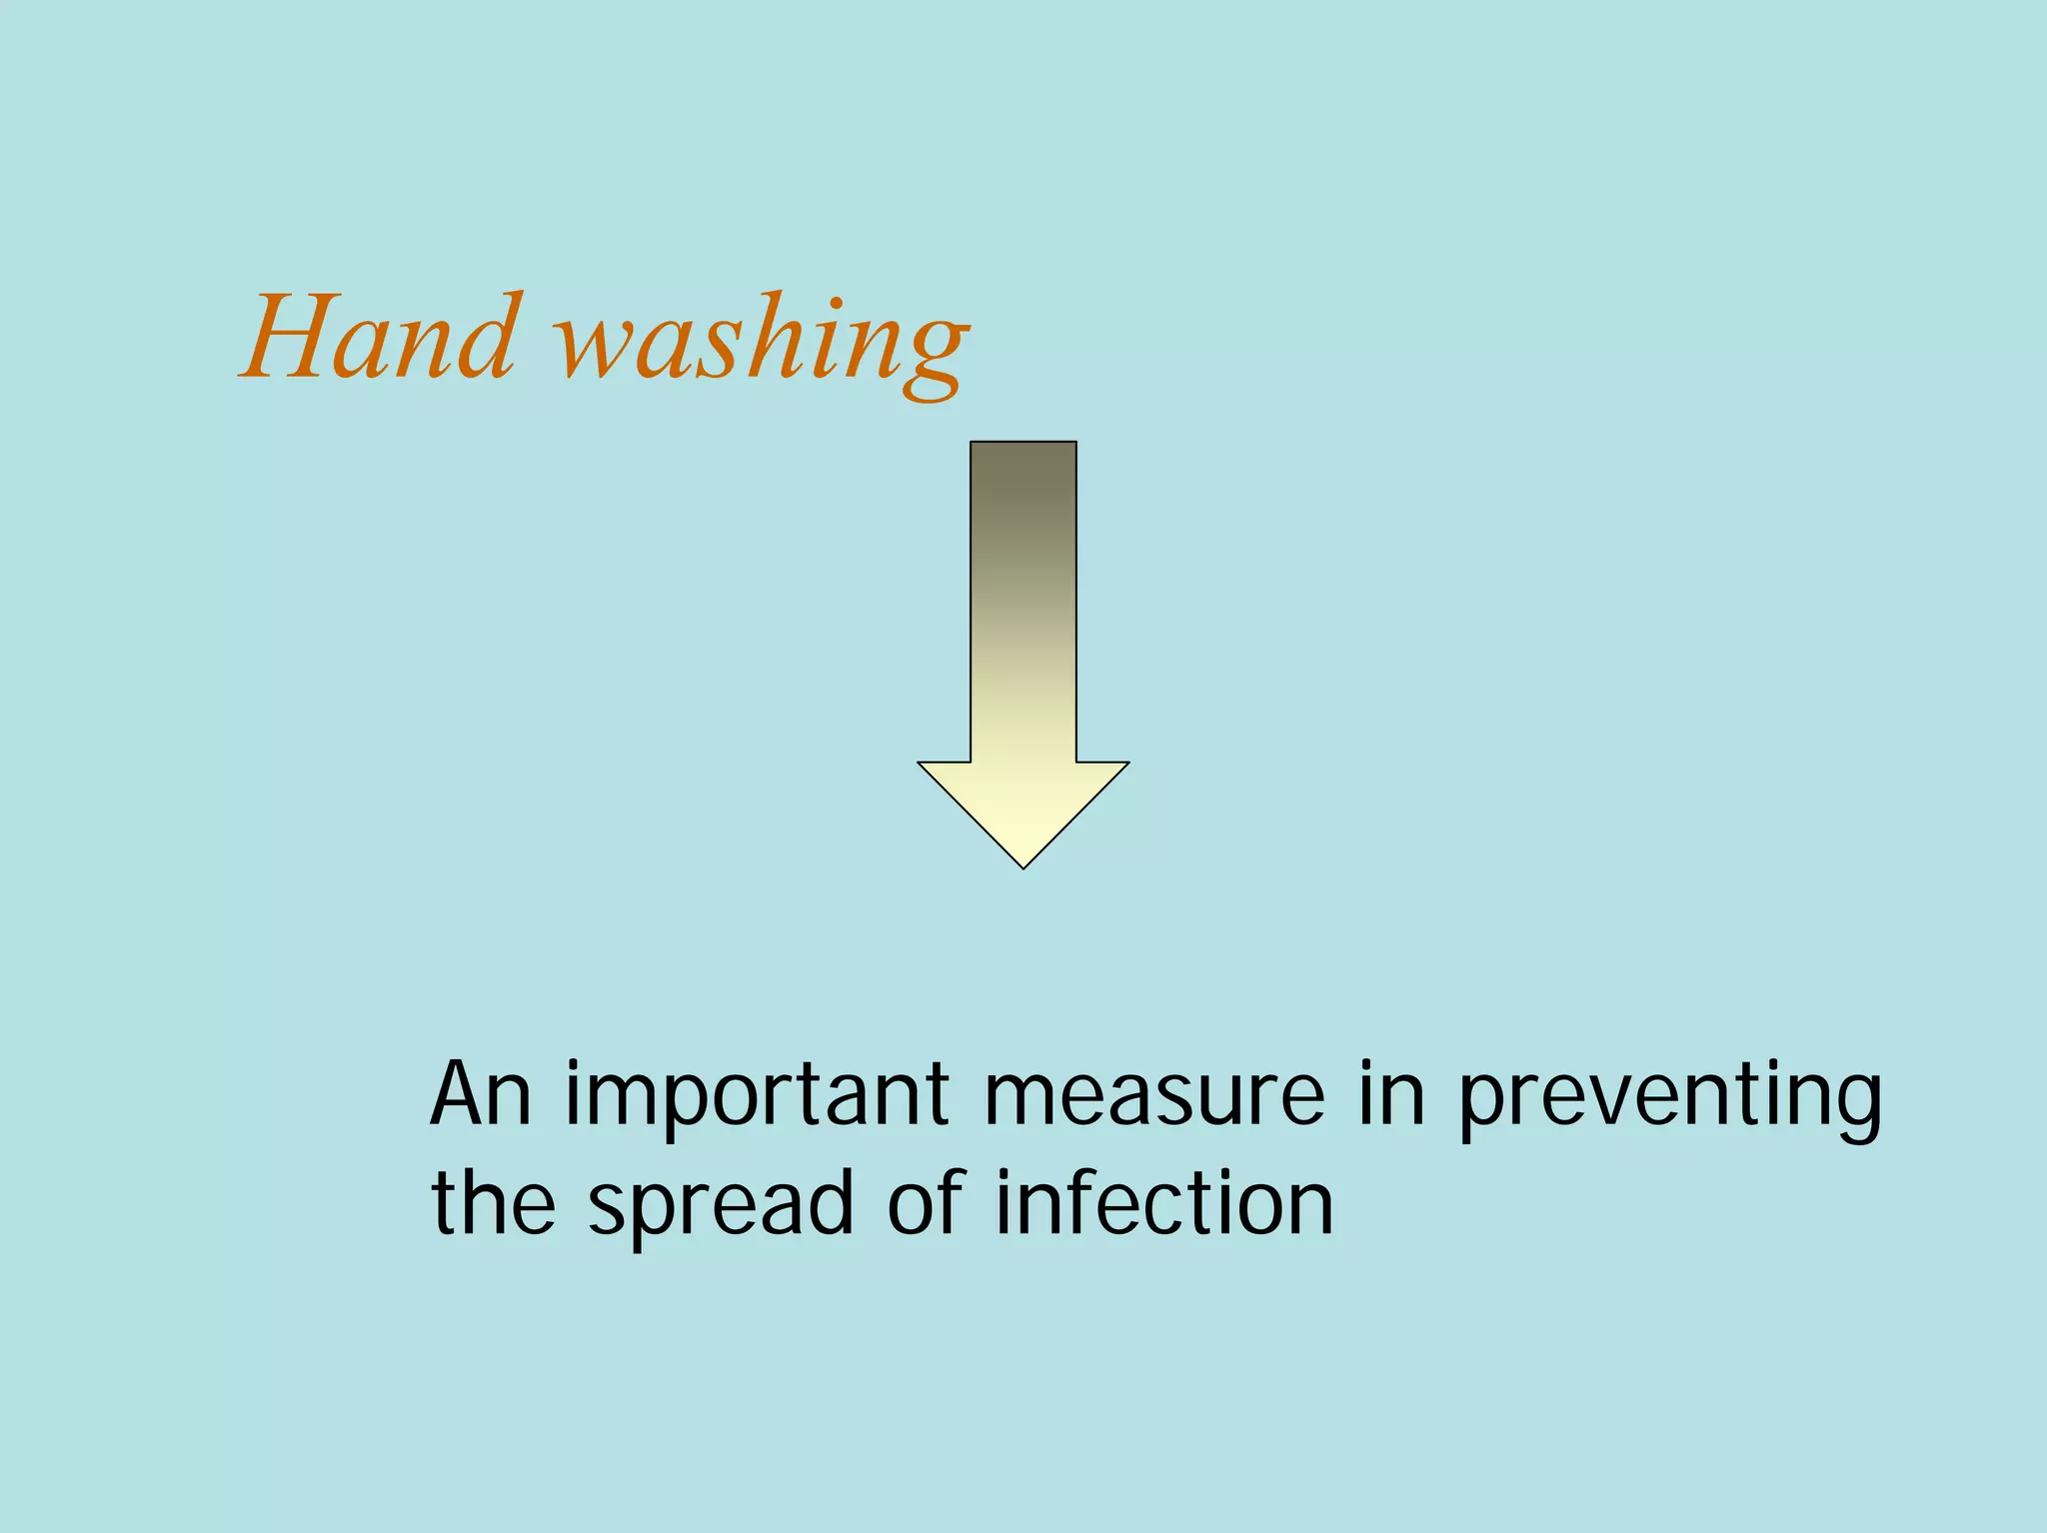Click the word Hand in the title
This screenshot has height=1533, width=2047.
(381, 337)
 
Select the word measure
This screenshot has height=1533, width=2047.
(1153, 1097)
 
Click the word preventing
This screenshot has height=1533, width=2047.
(1670, 1099)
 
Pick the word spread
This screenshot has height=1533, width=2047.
(721, 1207)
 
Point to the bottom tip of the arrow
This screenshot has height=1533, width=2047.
(1023, 865)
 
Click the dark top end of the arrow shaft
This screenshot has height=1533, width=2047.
(1023, 460)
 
